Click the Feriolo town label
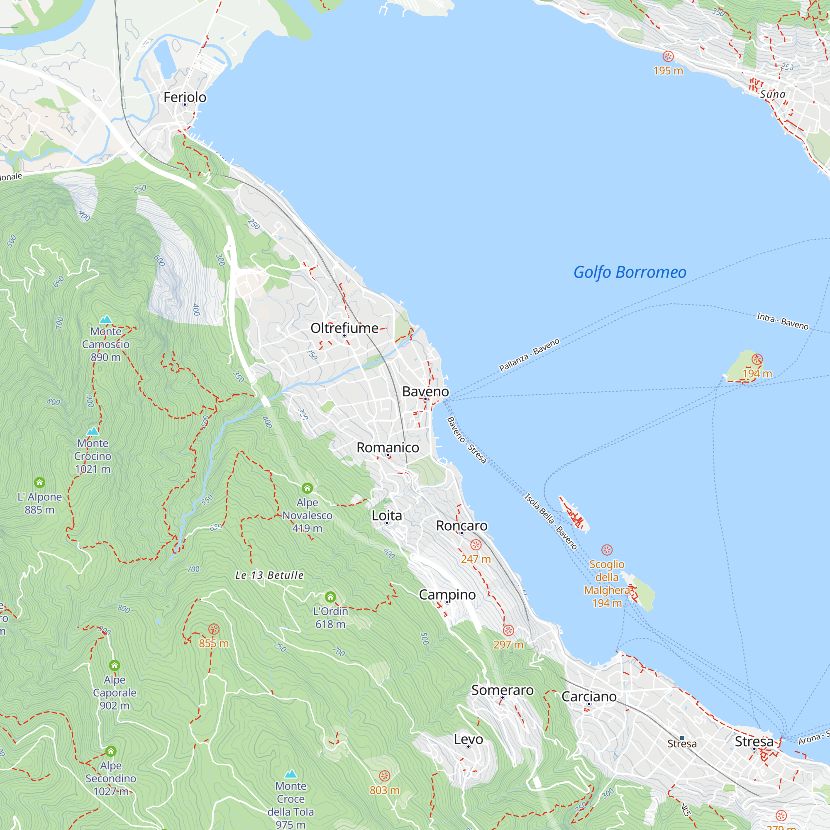[x=185, y=97]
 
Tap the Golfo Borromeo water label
[x=630, y=272]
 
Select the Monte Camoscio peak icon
[x=106, y=319]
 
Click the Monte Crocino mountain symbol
[x=93, y=431]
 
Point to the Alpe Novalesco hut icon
[x=307, y=488]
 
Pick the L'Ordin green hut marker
[x=330, y=597]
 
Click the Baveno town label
[x=425, y=391]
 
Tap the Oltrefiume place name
[x=344, y=328]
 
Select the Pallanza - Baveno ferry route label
[x=529, y=354]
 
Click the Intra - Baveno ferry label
[x=782, y=321]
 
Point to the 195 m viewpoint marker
[x=668, y=56]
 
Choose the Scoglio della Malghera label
[x=606, y=583]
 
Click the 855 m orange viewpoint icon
[x=213, y=630]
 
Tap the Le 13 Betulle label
[x=269, y=575]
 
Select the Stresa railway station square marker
[x=682, y=738]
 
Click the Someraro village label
[x=502, y=691]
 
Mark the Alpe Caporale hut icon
[x=114, y=666]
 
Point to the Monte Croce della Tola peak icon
[x=291, y=774]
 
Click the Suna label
[x=772, y=94]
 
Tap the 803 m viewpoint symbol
[x=385, y=776]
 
